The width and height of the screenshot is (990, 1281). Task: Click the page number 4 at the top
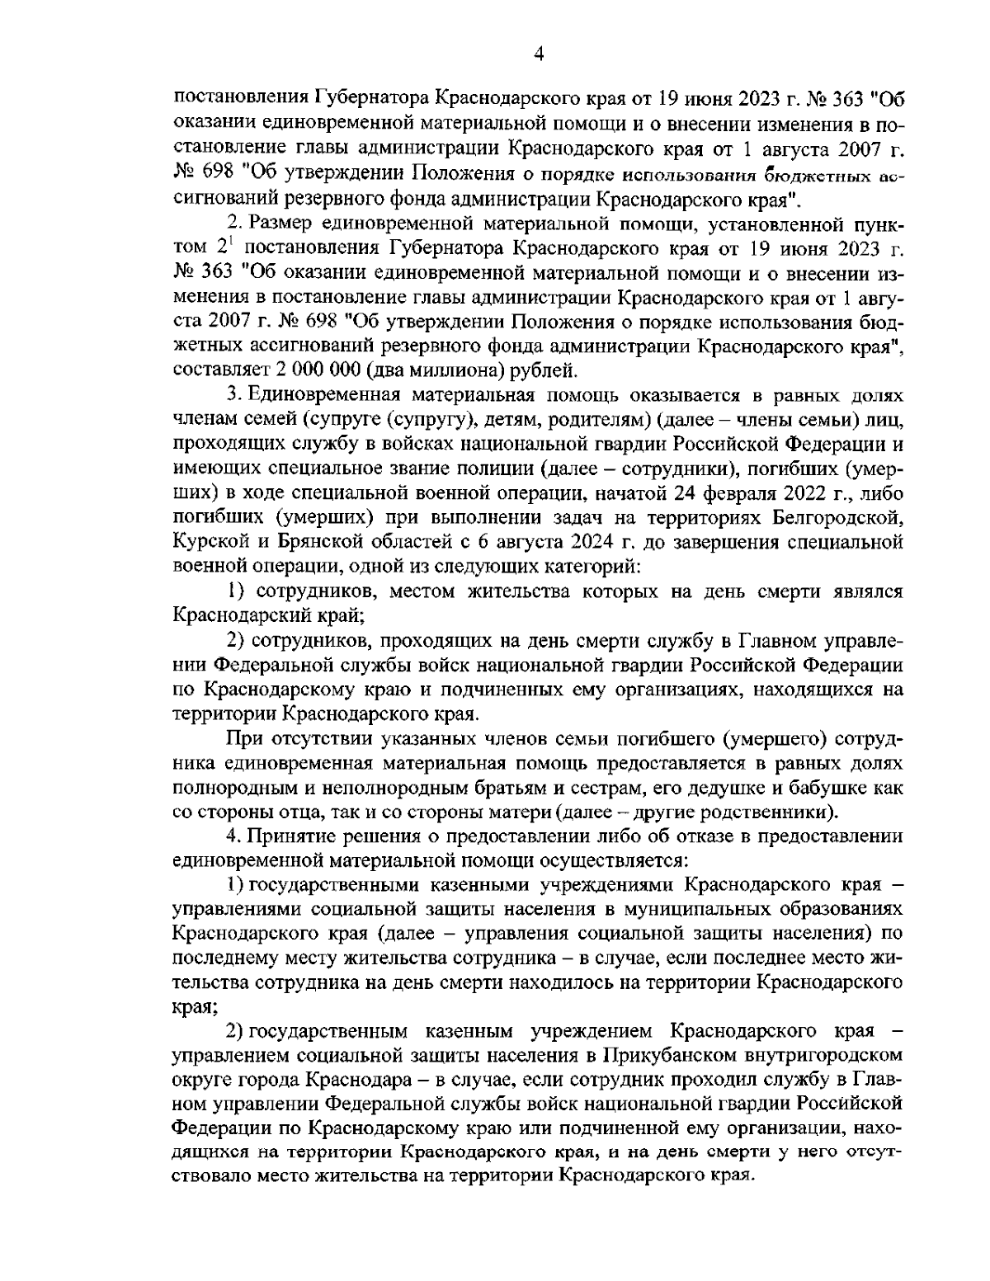tap(539, 54)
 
